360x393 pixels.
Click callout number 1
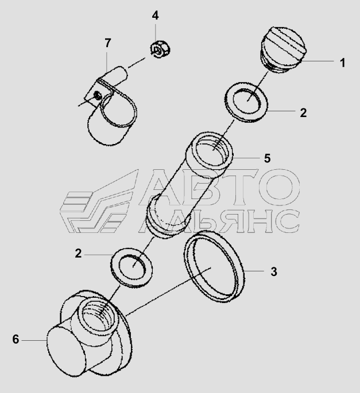pyautogui.click(x=343, y=63)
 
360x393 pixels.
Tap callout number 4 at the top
pyautogui.click(x=155, y=15)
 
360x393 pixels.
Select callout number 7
pyautogui.click(x=107, y=43)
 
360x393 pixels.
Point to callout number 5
pyautogui.click(x=267, y=158)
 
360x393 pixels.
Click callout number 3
pyautogui.click(x=274, y=272)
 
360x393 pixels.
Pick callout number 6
pyautogui.click(x=16, y=340)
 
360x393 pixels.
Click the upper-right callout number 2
pyautogui.click(x=303, y=113)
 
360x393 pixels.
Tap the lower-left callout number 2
pyautogui.click(x=78, y=254)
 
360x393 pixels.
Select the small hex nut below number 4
pyautogui.click(x=160, y=49)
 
